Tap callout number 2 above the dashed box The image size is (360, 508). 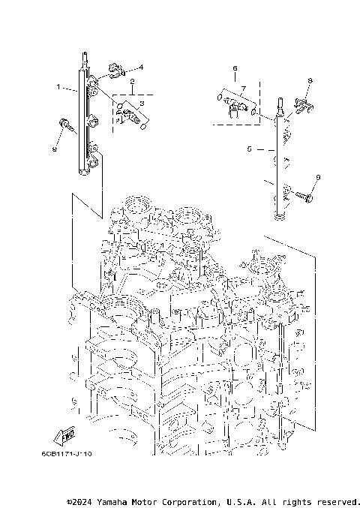131,81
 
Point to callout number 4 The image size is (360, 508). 140,67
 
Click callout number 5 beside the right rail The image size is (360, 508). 249,149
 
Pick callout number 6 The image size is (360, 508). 235,68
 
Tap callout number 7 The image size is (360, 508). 243,88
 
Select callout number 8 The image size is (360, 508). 310,80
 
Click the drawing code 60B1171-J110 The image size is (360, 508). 67,454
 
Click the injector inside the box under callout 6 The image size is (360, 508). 235,104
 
